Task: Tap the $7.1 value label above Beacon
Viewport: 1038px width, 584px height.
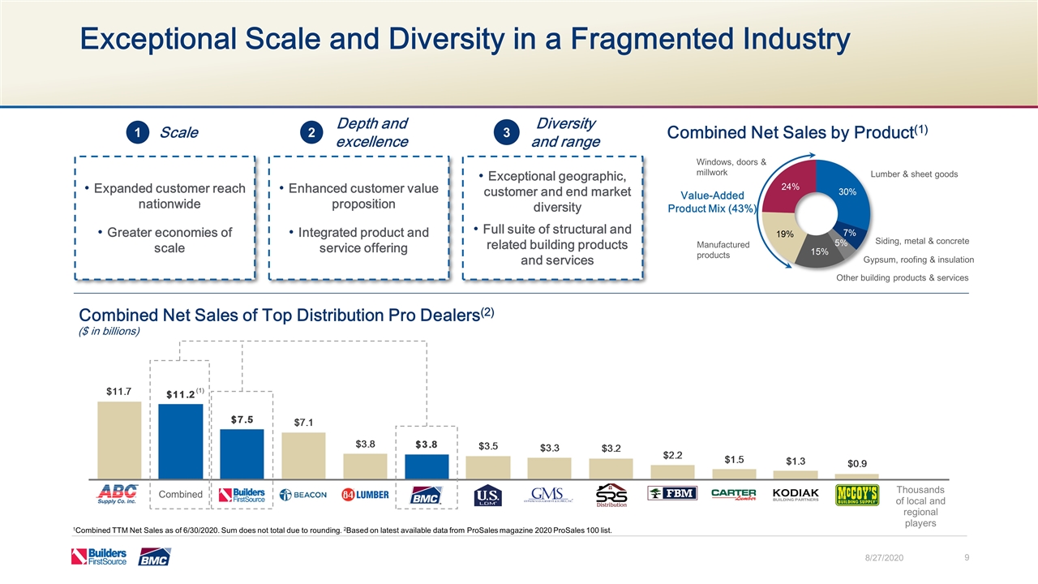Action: [x=303, y=422]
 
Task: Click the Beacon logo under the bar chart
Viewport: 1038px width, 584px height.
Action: [x=303, y=495]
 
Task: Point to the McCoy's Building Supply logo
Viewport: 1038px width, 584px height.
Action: [x=857, y=494]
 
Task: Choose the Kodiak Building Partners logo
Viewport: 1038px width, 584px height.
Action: [x=796, y=494]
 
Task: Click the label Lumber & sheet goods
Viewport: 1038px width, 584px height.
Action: [x=914, y=174]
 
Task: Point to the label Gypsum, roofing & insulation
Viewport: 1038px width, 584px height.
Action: [x=918, y=260]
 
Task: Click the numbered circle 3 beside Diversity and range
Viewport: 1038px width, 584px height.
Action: [x=506, y=132]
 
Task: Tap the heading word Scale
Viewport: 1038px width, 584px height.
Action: [x=179, y=132]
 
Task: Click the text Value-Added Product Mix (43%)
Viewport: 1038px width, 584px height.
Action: [x=713, y=202]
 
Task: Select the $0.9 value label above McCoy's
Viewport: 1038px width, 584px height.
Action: [x=857, y=463]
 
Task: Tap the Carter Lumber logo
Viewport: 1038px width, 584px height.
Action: [x=734, y=494]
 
